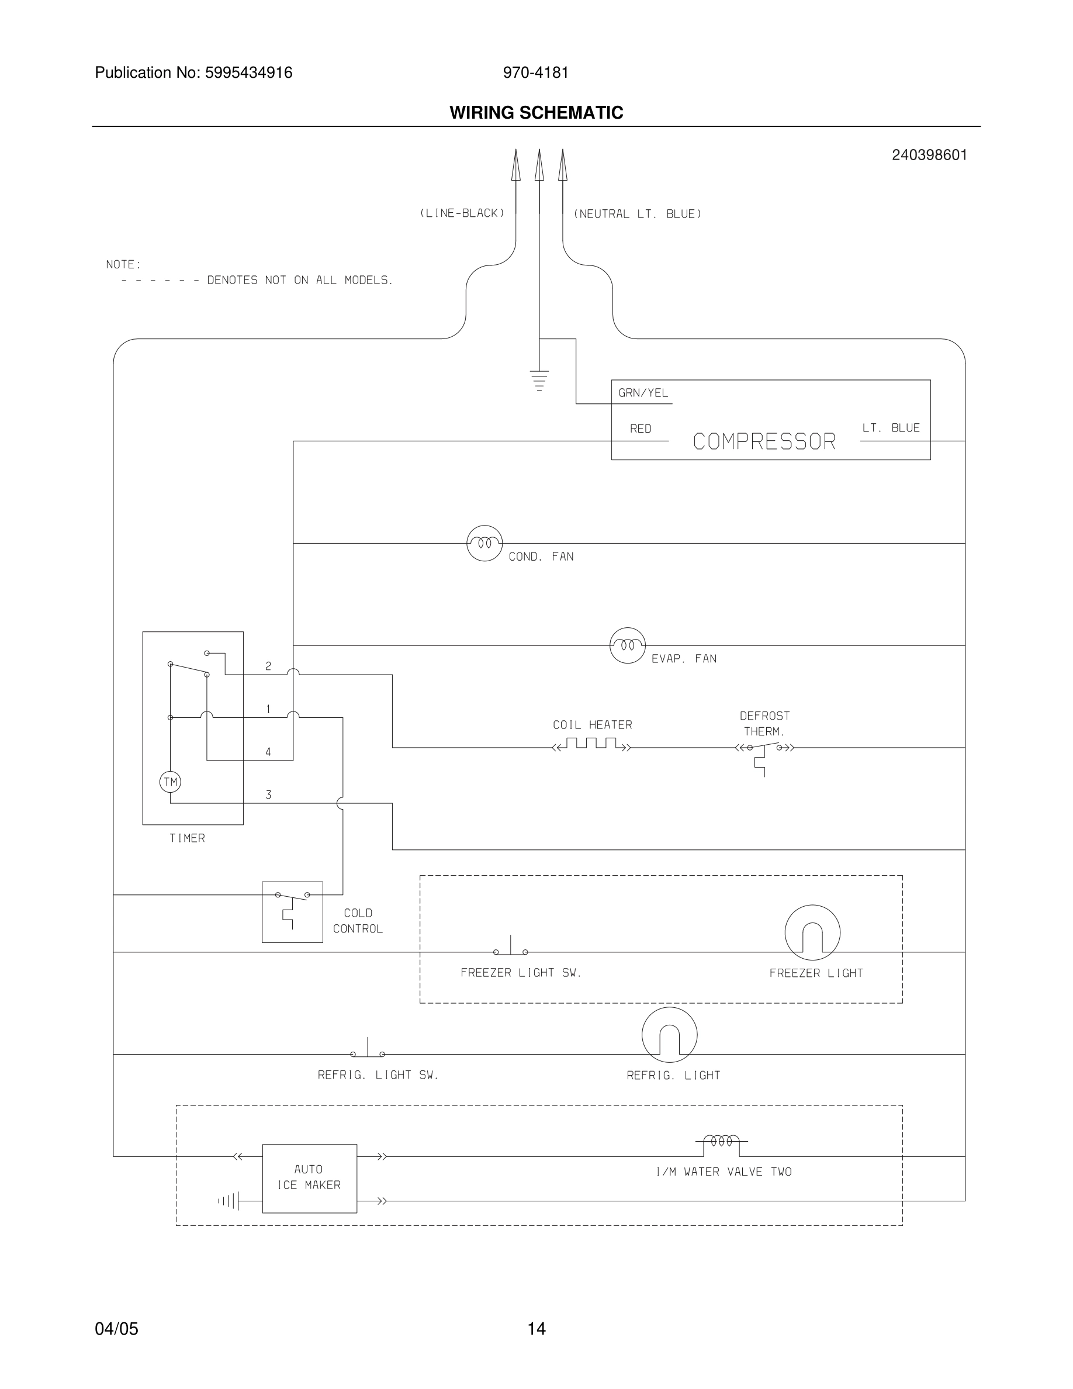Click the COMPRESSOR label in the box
pyautogui.click(x=764, y=441)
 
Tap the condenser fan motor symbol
pyautogui.click(x=484, y=543)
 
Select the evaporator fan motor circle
pyautogui.click(x=628, y=645)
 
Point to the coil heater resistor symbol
pyautogui.click(x=592, y=745)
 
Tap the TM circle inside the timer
pyautogui.click(x=170, y=782)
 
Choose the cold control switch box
pyautogui.click(x=292, y=912)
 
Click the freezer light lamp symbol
pyautogui.click(x=812, y=933)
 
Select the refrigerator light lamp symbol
pyautogui.click(x=669, y=1035)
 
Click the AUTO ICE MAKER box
pyautogui.click(x=310, y=1178)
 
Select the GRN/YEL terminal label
pyautogui.click(x=643, y=393)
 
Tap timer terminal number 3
pyautogui.click(x=268, y=794)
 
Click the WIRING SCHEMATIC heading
pyautogui.click(x=536, y=113)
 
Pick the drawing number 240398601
pyautogui.click(x=929, y=155)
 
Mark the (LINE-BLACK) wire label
pyautogui.click(x=462, y=213)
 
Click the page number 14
pyautogui.click(x=536, y=1329)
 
